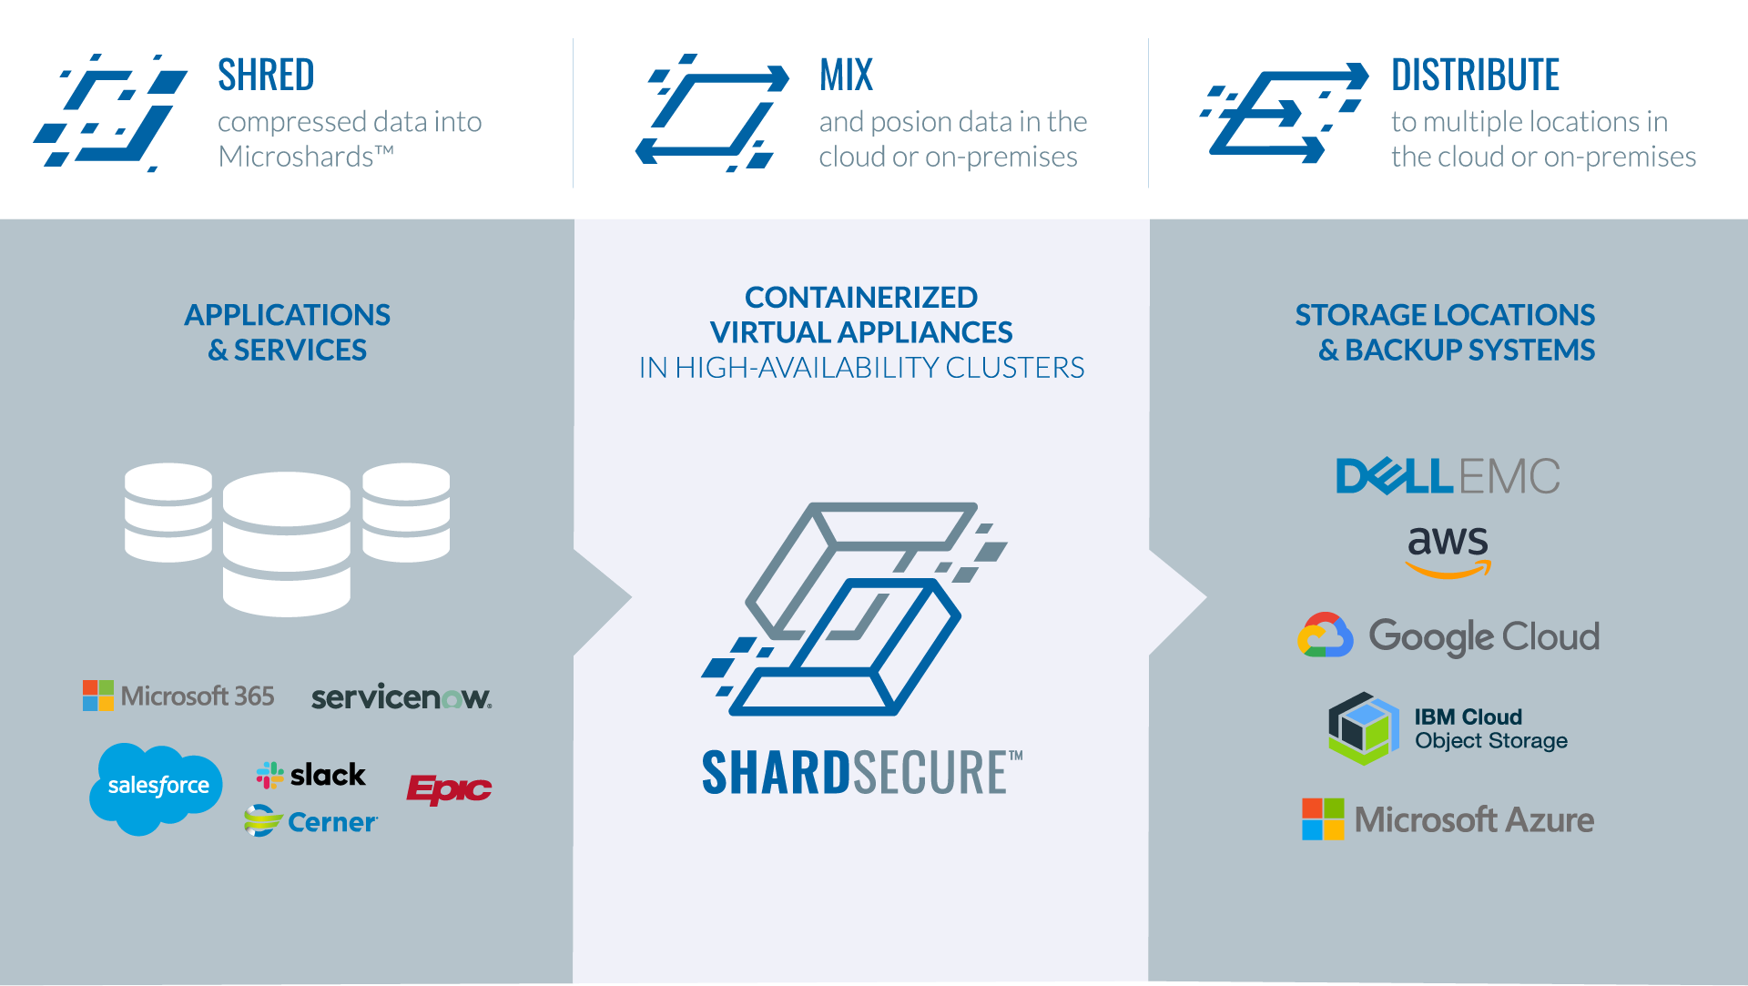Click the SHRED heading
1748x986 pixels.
[x=265, y=75]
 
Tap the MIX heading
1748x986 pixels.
[x=846, y=75]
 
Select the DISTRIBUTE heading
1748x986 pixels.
[x=1475, y=75]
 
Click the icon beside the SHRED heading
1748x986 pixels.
[x=111, y=113]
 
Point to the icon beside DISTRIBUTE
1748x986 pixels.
[x=1284, y=113]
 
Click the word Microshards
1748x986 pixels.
[x=297, y=157]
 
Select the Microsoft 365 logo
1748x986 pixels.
[x=178, y=696]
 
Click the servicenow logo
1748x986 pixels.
[x=401, y=697]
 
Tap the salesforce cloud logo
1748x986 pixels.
[x=157, y=787]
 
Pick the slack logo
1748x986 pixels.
[x=311, y=775]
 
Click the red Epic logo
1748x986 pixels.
[x=449, y=788]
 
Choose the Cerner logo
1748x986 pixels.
[x=311, y=822]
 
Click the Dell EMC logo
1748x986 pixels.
[x=1447, y=476]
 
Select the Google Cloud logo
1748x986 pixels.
[x=1448, y=635]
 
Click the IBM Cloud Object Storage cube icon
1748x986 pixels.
[x=1363, y=728]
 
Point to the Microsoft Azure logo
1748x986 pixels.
[x=1448, y=819]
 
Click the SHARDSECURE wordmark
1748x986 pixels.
[x=861, y=773]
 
